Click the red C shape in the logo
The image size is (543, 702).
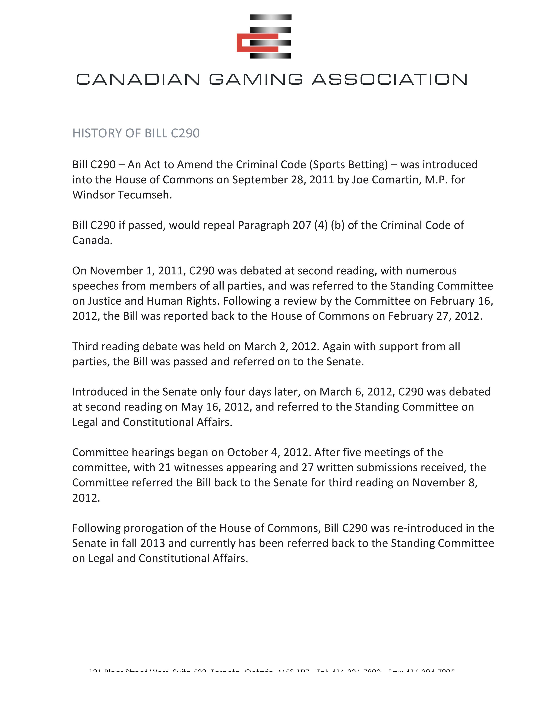242,43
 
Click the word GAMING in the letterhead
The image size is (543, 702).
256,79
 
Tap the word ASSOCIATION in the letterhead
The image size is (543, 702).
389,79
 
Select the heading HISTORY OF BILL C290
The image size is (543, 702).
136,133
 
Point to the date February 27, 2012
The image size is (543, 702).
434,316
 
